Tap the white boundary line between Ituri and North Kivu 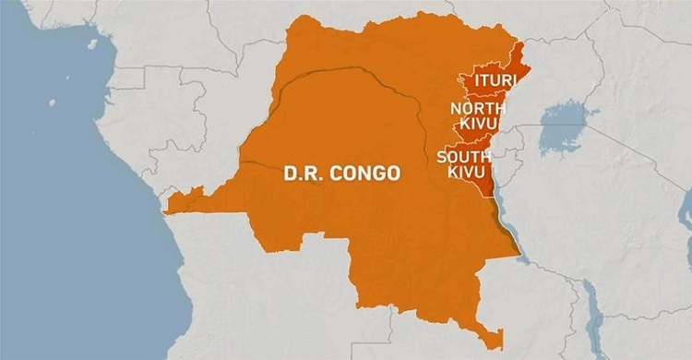480,97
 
